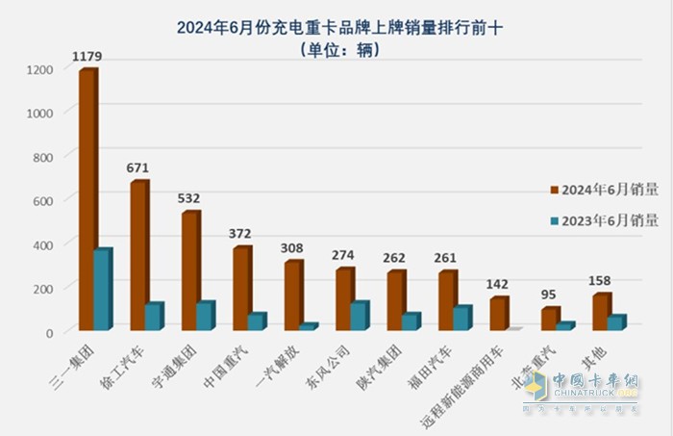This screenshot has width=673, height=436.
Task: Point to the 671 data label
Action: click(138, 168)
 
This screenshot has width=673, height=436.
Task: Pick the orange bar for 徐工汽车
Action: click(138, 256)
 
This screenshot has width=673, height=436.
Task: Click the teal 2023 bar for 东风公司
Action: click(358, 317)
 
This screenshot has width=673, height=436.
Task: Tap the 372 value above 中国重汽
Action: click(242, 234)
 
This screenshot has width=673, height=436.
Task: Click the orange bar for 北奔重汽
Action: click(550, 319)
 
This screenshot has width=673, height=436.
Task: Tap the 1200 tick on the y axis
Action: click(38, 69)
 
